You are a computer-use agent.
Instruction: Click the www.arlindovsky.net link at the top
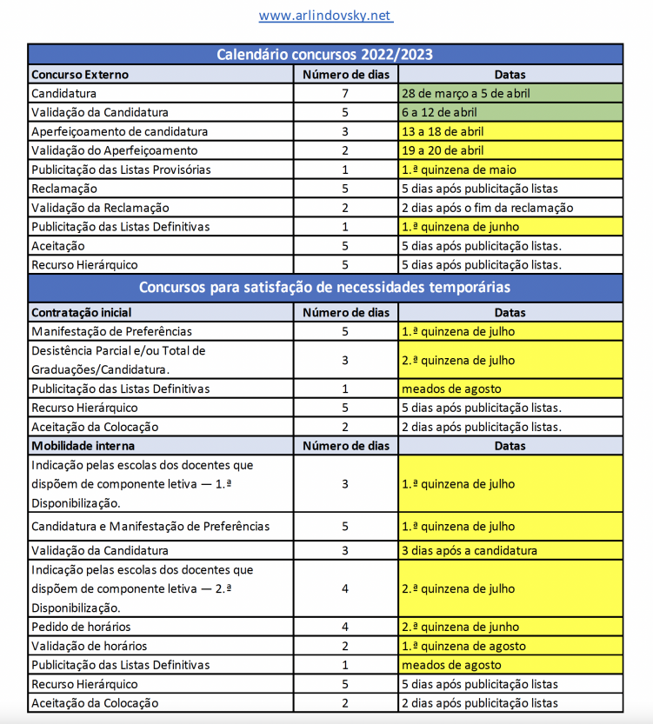[325, 16]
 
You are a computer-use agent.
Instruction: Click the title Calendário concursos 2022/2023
[324, 54]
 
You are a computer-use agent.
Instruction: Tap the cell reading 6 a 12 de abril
[439, 112]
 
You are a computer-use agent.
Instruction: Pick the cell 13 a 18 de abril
[443, 131]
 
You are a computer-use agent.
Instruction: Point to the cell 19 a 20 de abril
[443, 150]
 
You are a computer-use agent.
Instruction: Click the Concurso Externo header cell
[80, 74]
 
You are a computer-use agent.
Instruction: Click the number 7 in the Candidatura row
[344, 93]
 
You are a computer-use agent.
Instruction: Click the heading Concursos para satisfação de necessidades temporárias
[324, 286]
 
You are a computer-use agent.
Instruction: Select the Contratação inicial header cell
[82, 312]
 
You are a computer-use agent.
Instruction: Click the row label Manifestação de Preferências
[111, 331]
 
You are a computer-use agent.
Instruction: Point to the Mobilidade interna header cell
[80, 446]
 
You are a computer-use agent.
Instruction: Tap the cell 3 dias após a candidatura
[469, 550]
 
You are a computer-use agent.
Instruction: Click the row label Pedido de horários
[81, 627]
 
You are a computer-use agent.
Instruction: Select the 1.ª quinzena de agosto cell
[463, 646]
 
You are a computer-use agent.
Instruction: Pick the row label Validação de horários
[89, 646]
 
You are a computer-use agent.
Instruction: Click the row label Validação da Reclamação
[100, 208]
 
